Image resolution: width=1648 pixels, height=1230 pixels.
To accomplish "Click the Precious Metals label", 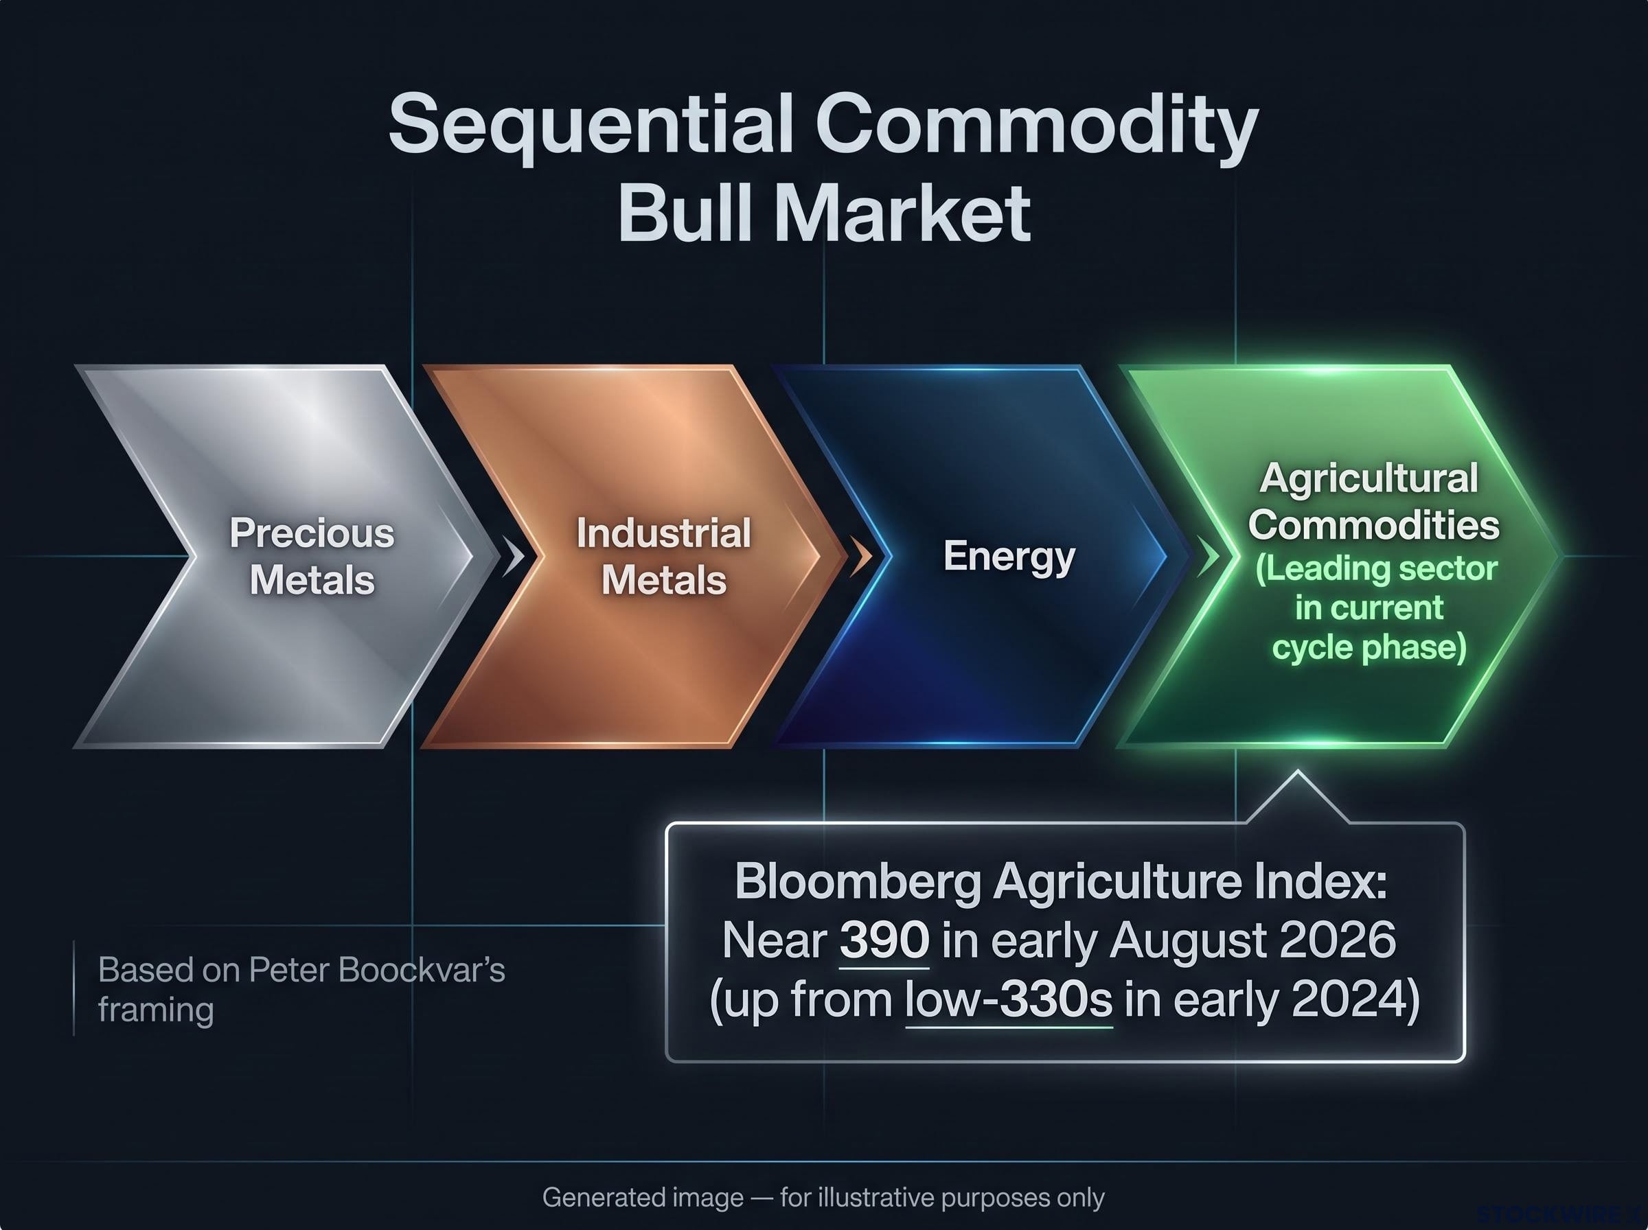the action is point(312,556).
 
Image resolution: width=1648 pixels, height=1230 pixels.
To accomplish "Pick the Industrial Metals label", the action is point(663,556).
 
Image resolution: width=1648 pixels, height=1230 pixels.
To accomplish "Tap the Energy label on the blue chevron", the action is point(1009,557).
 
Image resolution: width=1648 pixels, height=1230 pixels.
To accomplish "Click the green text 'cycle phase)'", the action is point(1369,647).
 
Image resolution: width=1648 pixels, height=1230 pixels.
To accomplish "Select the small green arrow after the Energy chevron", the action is point(1208,557).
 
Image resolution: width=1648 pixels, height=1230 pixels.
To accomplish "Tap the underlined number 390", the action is point(884,940).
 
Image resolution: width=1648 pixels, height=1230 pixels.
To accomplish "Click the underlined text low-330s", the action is point(1009,1000).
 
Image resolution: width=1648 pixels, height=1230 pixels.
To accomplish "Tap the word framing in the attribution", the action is point(156,1011).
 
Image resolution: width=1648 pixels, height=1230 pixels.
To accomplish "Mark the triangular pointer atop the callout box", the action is point(1297,798).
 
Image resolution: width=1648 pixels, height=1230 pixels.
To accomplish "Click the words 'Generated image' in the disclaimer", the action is point(643,1198).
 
